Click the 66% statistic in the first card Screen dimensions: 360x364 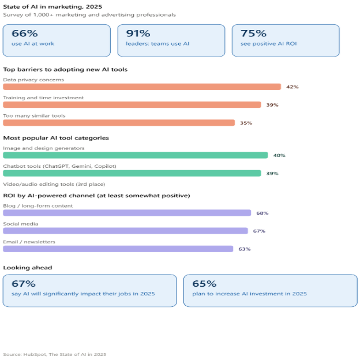[x=25, y=33]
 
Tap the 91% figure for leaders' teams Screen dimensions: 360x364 [x=138, y=33]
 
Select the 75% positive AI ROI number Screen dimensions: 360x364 [x=253, y=33]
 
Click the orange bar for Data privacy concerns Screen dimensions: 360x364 [x=142, y=87]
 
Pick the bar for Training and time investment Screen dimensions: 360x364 [x=132, y=104]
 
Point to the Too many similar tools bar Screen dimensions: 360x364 [x=119, y=123]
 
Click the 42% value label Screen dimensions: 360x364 [x=292, y=87]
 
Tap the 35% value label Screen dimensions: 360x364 [x=246, y=123]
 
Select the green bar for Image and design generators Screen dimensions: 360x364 [x=136, y=155]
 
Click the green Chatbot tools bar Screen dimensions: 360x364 [x=132, y=173]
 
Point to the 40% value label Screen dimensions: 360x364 [x=279, y=155]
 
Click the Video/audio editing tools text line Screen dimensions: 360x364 [x=54, y=185]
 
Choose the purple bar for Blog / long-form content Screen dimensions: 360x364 [x=127, y=213]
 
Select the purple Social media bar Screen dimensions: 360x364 [x=125, y=231]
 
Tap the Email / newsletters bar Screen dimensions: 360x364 [x=118, y=249]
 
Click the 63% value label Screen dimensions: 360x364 [x=245, y=249]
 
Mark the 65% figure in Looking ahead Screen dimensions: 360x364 [x=204, y=284]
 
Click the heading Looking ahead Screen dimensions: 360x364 [x=28, y=268]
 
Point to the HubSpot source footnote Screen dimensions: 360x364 [x=55, y=355]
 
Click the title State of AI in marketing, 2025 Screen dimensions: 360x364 [x=52, y=7]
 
